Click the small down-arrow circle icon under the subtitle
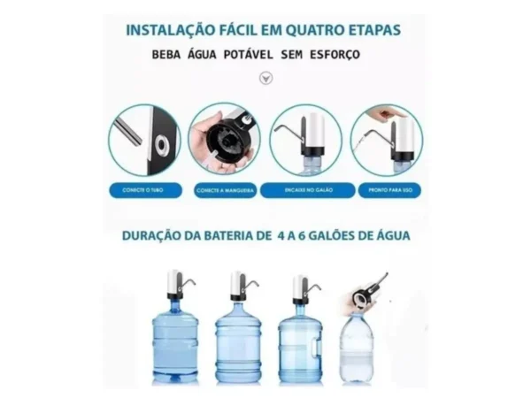click(x=265, y=78)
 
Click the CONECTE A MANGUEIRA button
click(x=225, y=189)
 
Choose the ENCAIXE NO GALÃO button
click(x=306, y=189)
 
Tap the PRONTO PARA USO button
click(x=389, y=189)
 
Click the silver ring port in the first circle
click(x=162, y=143)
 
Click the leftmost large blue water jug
click(x=174, y=340)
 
